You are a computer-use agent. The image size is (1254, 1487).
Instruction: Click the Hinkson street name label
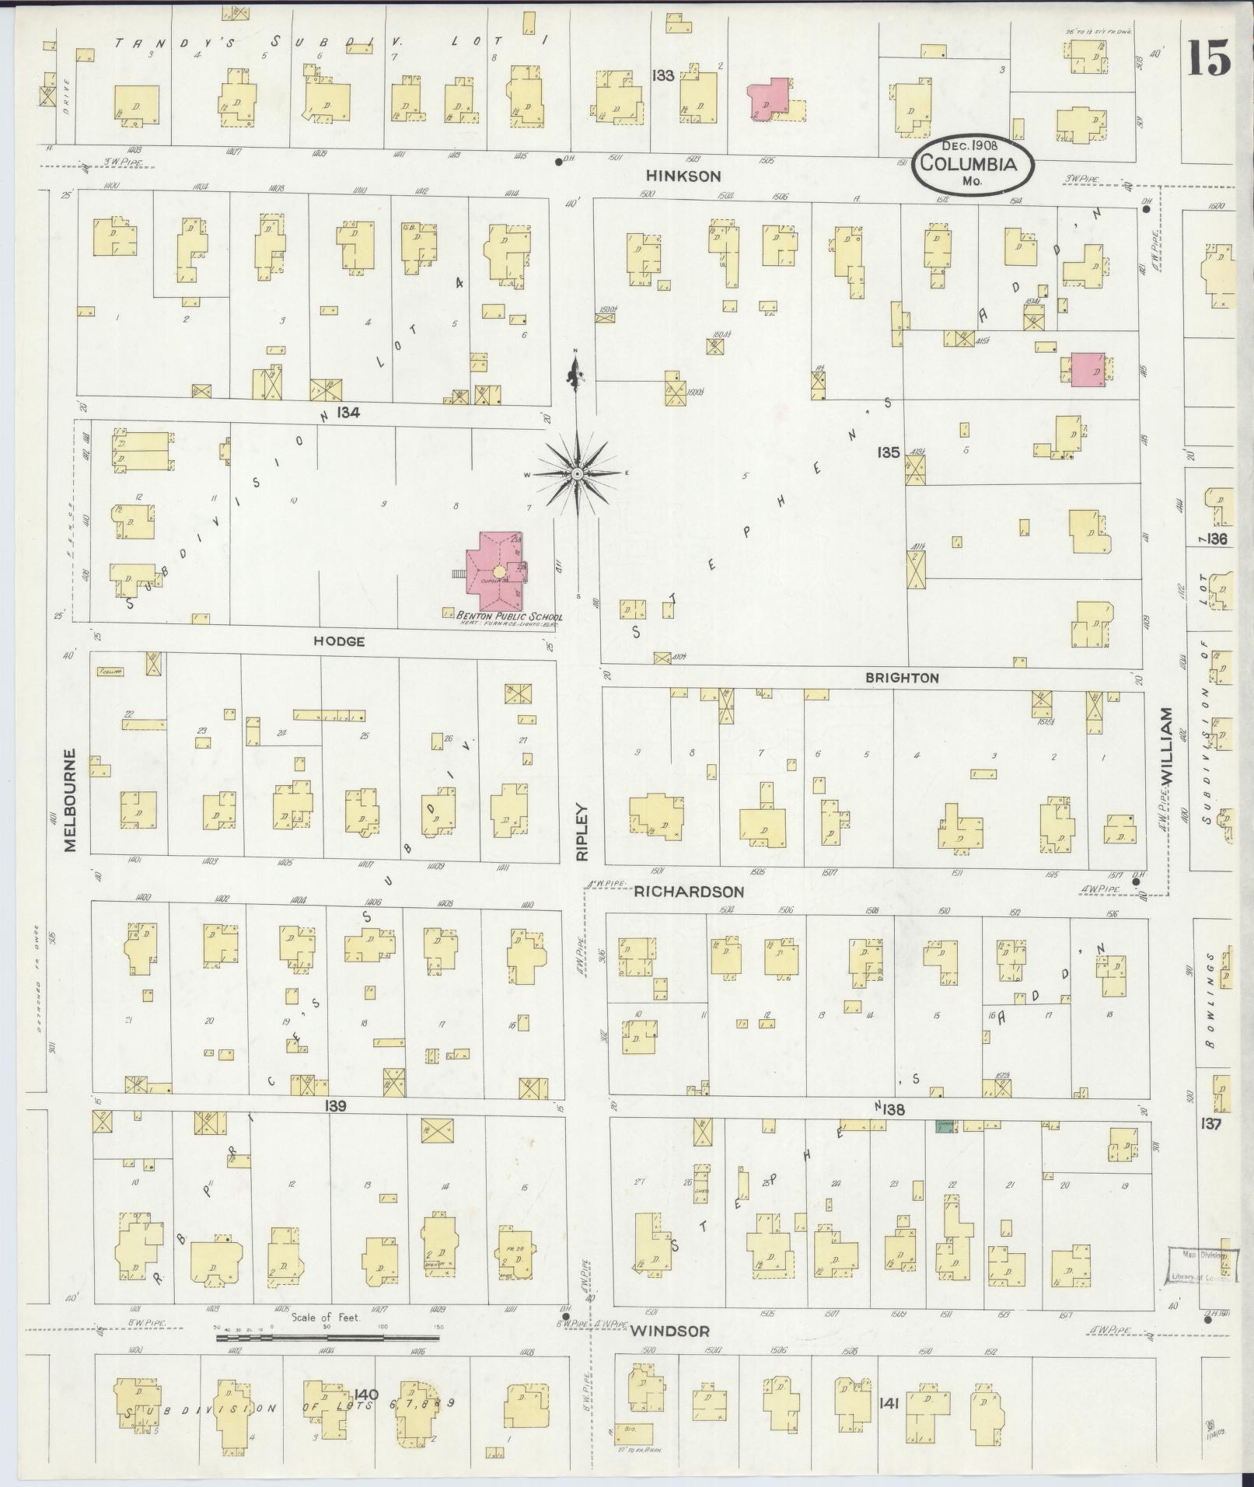tap(692, 176)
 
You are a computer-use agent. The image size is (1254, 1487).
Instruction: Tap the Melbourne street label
tap(72, 800)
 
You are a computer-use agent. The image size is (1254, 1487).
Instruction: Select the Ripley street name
tap(583, 831)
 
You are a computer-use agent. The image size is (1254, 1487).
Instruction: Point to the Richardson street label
tap(689, 892)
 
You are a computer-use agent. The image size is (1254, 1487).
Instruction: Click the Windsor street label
tap(669, 1331)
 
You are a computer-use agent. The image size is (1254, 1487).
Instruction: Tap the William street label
tap(1165, 745)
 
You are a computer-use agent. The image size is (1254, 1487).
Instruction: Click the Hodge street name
tap(339, 641)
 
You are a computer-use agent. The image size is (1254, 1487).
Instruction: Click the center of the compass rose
tap(577, 473)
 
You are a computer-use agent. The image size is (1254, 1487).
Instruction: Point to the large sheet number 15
tap(1209, 58)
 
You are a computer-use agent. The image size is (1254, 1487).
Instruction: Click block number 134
tap(348, 414)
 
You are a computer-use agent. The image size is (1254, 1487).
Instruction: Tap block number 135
tap(889, 452)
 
